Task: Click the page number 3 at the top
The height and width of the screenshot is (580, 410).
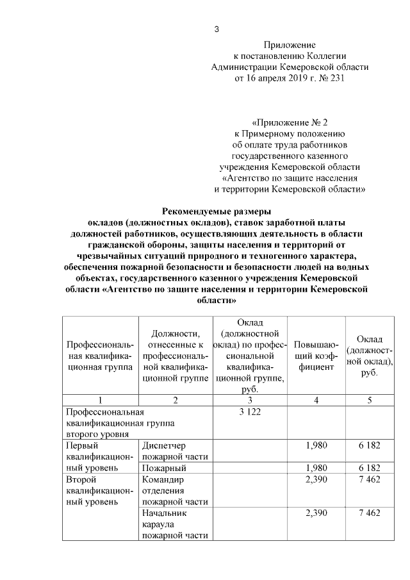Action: click(216, 29)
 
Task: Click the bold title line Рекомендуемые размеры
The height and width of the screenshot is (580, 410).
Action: click(217, 211)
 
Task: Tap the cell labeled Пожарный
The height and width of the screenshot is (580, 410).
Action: click(160, 468)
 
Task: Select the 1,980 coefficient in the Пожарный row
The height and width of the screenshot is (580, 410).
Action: click(316, 468)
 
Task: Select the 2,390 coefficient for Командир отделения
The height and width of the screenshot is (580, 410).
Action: click(316, 479)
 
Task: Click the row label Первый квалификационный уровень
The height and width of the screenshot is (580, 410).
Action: click(99, 456)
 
